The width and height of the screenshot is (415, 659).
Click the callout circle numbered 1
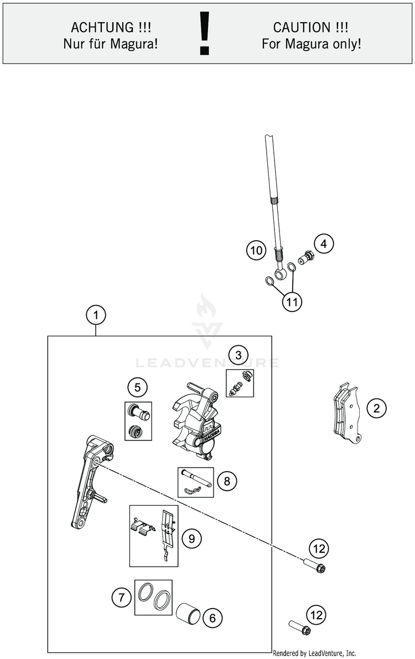[96, 315]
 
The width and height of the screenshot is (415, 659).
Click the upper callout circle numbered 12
[318, 549]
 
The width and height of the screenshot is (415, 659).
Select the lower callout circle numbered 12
[316, 615]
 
